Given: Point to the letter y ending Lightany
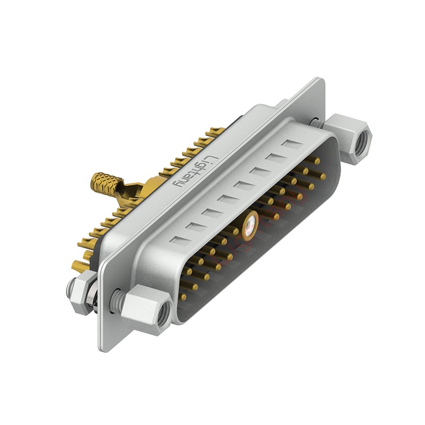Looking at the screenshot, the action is [x=180, y=182].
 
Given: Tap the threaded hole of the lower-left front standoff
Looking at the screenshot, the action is [x=164, y=313].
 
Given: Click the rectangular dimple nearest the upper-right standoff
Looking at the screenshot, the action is [x=291, y=143].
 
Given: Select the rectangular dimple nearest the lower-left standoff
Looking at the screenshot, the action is [x=180, y=240].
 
